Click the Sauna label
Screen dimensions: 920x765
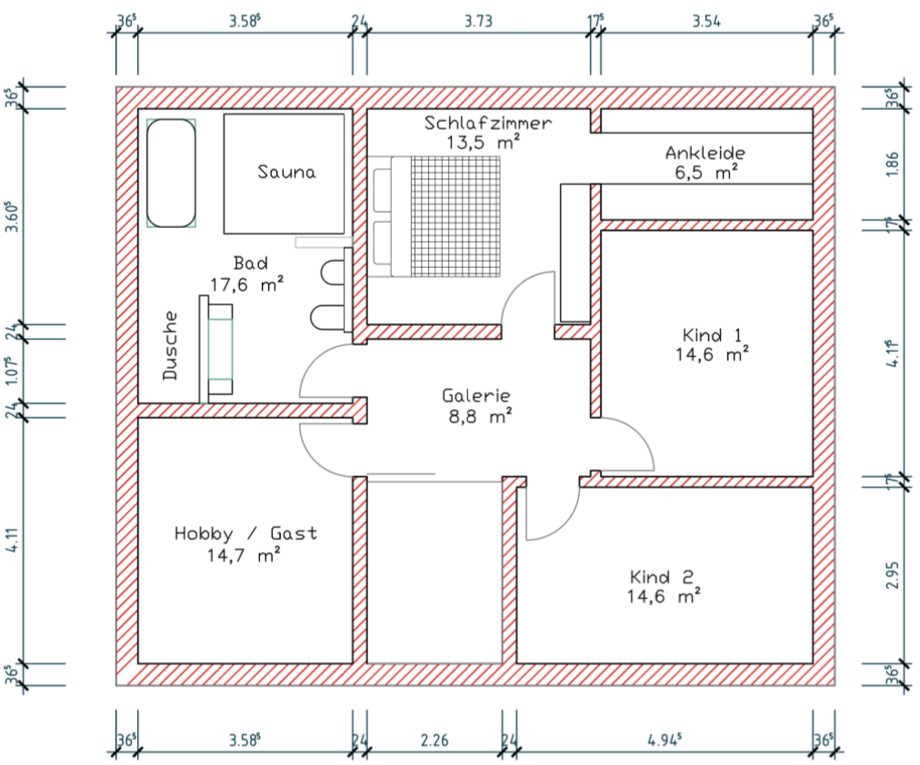(x=286, y=172)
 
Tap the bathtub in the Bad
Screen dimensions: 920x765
(x=171, y=173)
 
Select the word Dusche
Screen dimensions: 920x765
(x=170, y=346)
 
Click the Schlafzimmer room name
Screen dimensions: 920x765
(x=488, y=123)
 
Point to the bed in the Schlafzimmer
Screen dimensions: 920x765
(x=437, y=216)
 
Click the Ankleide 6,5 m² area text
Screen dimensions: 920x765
(x=705, y=173)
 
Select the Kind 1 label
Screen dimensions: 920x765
(x=712, y=335)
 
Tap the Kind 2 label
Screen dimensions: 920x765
(x=662, y=577)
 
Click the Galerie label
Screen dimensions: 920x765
(x=475, y=396)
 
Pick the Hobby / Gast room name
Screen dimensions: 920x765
(x=245, y=533)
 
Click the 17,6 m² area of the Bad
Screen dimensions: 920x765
(x=247, y=285)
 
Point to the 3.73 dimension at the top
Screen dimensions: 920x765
(x=478, y=22)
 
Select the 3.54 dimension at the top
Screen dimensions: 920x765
(x=705, y=22)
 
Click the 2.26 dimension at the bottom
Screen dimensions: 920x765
(x=435, y=740)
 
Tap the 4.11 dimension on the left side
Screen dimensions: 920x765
(x=13, y=540)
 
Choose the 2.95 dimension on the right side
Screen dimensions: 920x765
(x=893, y=576)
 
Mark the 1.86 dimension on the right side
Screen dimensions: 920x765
(x=893, y=164)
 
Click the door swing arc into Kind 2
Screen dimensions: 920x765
(x=565, y=522)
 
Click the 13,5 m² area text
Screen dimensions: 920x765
(x=483, y=143)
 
